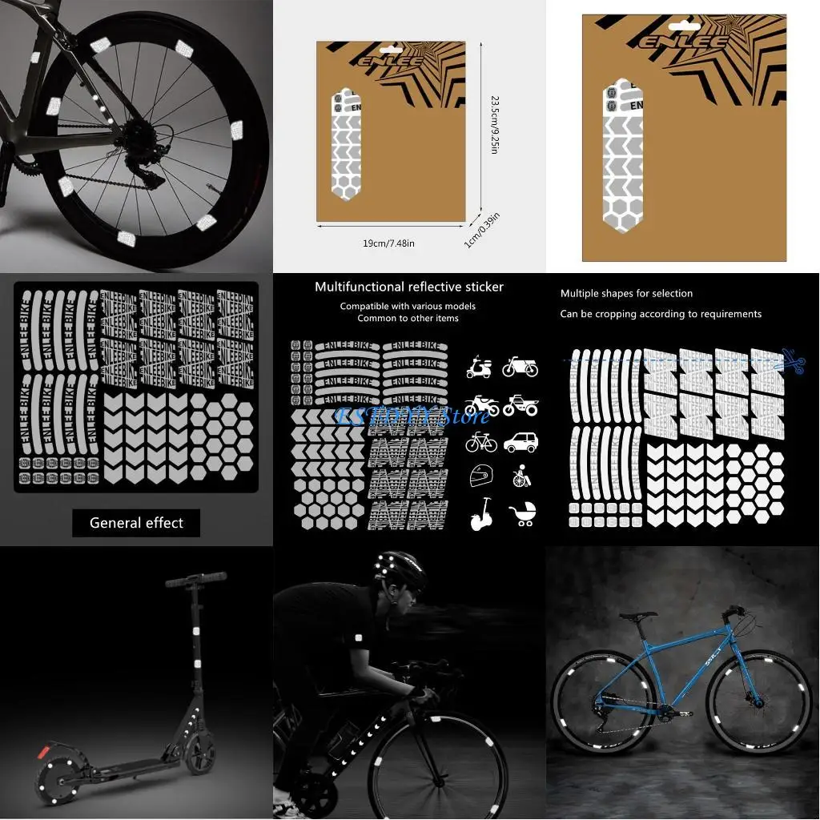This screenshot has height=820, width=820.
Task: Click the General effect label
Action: [136, 523]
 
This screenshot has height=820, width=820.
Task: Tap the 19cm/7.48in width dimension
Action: [388, 243]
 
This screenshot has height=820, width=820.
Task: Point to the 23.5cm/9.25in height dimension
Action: [494, 125]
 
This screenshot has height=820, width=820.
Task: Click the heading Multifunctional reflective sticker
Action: [409, 287]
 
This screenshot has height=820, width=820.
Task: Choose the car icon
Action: [521, 441]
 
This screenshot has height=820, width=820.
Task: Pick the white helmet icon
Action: [480, 476]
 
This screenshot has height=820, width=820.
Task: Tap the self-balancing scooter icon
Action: [481, 513]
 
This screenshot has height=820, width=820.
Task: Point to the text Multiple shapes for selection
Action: [626, 294]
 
